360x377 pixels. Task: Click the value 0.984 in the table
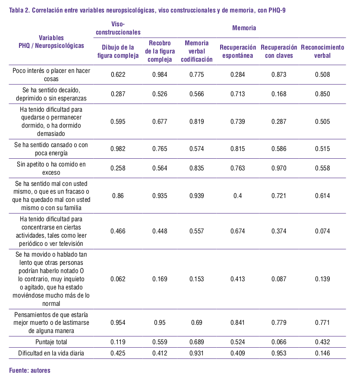160,75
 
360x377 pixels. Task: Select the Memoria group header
244,28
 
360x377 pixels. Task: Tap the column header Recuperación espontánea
237,51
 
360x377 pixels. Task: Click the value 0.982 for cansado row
118,149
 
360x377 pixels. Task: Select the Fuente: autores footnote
30,370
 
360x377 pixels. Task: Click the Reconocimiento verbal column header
322,51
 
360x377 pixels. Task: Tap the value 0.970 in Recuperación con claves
279,168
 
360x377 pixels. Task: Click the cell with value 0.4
237,196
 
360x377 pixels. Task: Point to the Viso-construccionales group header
118,28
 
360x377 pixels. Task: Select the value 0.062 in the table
118,279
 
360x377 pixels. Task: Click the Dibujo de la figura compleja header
118,51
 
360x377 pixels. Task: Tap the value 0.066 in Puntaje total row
279,342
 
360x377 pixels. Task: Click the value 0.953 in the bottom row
279,353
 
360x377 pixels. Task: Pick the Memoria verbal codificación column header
196,51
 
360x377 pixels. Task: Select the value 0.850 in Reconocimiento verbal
322,94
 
